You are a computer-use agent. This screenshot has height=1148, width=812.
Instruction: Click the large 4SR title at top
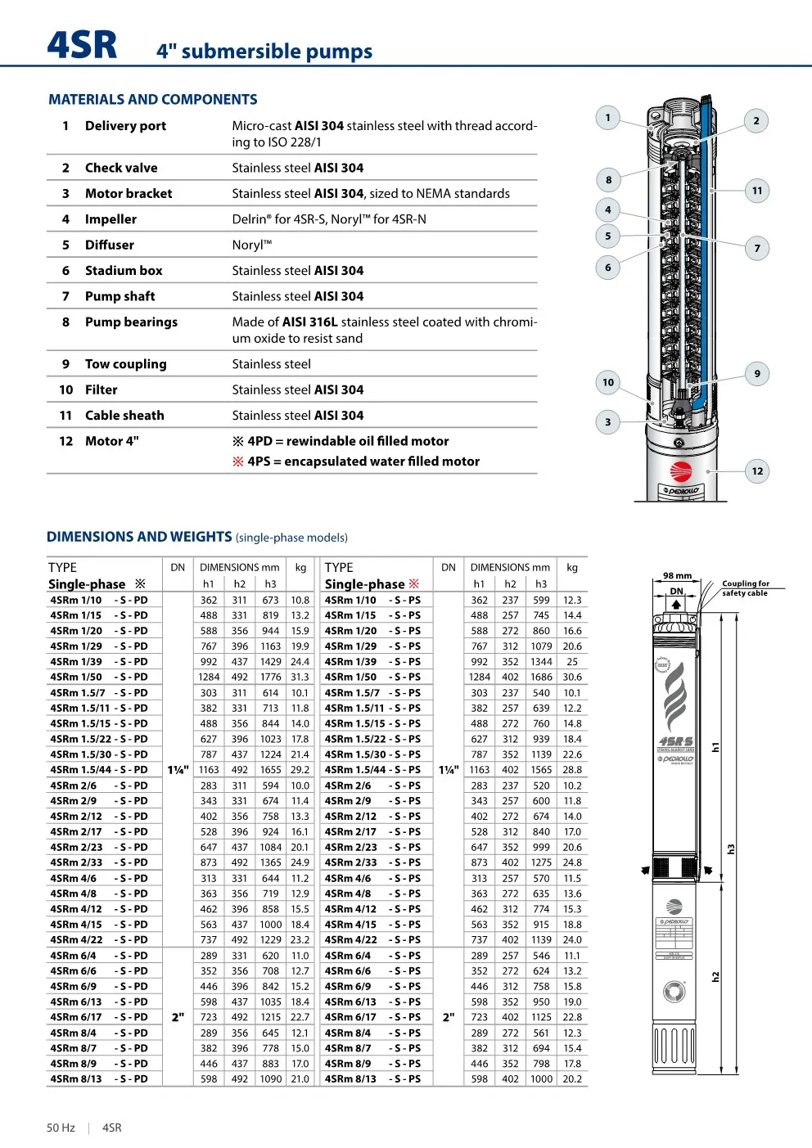[82, 45]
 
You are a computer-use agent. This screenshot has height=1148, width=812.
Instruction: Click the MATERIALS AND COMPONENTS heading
[152, 100]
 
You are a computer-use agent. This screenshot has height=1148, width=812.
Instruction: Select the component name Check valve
[121, 168]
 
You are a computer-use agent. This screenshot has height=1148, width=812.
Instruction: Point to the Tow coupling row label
[125, 364]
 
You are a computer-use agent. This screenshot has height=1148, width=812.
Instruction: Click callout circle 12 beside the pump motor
[757, 470]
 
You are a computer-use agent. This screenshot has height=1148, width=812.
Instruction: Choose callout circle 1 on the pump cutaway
[607, 118]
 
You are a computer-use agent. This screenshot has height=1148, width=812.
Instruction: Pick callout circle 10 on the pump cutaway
[607, 382]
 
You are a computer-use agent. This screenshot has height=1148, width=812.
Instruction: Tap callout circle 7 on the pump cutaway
[757, 248]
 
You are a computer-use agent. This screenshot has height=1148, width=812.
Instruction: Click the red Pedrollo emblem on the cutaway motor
[681, 471]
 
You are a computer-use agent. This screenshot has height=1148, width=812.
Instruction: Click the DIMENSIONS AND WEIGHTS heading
[139, 537]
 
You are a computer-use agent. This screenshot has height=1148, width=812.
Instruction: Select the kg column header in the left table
[300, 567]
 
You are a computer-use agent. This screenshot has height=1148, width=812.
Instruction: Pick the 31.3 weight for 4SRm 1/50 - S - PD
[300, 677]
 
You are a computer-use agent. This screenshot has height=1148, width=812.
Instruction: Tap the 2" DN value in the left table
[178, 1017]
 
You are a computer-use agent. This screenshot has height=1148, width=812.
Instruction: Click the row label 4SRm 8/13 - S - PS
[372, 1079]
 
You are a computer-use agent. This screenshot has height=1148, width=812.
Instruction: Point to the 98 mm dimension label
[677, 576]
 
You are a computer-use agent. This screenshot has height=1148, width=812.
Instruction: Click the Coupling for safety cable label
[745, 588]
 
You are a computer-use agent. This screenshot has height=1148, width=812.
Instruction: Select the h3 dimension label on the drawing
[731, 849]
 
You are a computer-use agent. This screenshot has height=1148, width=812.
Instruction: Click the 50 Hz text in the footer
[61, 1128]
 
